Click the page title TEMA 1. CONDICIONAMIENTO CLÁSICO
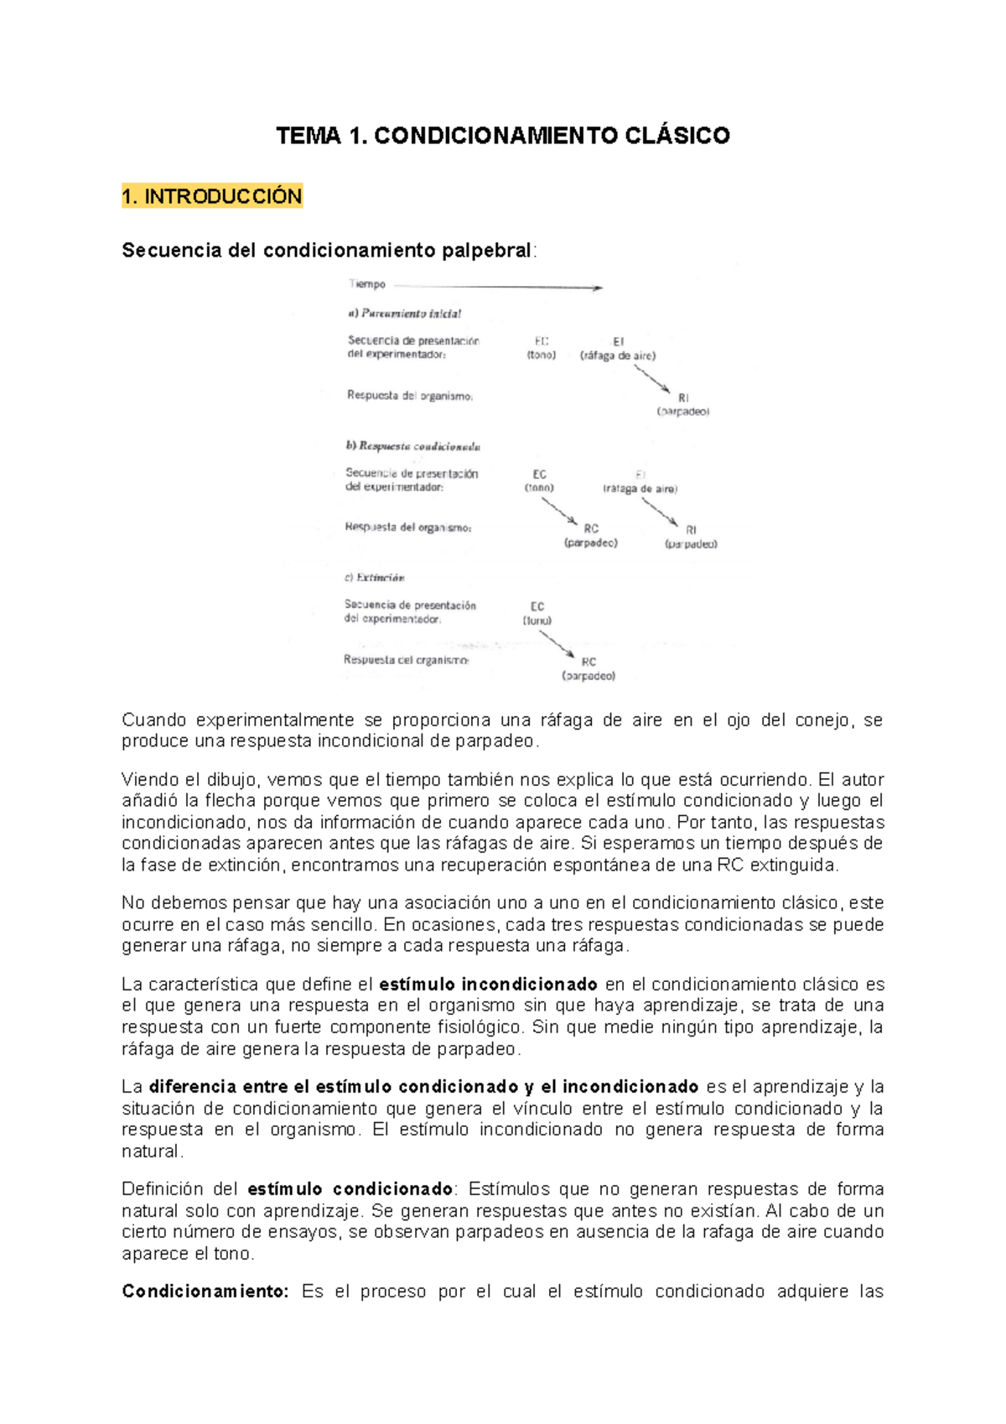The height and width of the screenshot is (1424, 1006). [x=503, y=136]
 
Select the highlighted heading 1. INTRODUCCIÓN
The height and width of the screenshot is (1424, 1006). [x=211, y=196]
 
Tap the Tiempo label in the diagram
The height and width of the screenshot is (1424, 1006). [x=367, y=284]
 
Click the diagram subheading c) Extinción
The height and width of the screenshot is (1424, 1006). [x=374, y=578]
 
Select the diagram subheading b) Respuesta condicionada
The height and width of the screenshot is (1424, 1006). [x=412, y=446]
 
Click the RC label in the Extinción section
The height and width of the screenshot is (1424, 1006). [x=589, y=662]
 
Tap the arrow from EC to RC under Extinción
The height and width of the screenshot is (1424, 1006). [x=557, y=643]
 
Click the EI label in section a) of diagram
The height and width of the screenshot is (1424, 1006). [x=618, y=341]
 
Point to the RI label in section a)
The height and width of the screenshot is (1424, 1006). [x=683, y=398]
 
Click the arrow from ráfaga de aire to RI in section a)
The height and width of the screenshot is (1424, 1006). [x=652, y=378]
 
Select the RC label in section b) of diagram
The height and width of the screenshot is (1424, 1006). [x=591, y=528]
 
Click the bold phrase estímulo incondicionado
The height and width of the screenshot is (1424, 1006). [x=488, y=985]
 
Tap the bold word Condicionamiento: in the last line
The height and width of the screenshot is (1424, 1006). [x=205, y=1291]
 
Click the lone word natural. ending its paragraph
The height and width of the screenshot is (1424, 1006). [x=152, y=1151]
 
